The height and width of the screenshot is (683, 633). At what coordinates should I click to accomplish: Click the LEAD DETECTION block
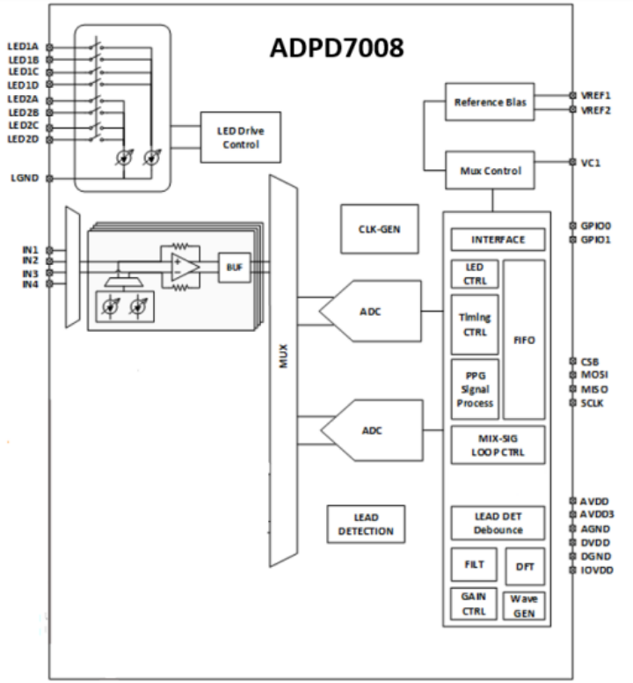coord(367,524)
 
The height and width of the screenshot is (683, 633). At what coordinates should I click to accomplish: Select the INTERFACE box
coord(498,240)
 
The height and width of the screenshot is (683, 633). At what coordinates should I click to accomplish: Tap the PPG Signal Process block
coord(475,387)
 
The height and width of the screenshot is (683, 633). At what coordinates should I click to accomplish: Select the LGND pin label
coord(25,179)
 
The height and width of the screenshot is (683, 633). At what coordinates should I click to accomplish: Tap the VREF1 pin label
coord(596,95)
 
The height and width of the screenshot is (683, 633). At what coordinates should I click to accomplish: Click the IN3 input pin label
coord(30,274)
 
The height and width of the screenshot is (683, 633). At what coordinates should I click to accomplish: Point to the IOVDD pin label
coord(597,570)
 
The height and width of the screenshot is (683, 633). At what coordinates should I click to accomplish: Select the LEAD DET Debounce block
coord(498,523)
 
